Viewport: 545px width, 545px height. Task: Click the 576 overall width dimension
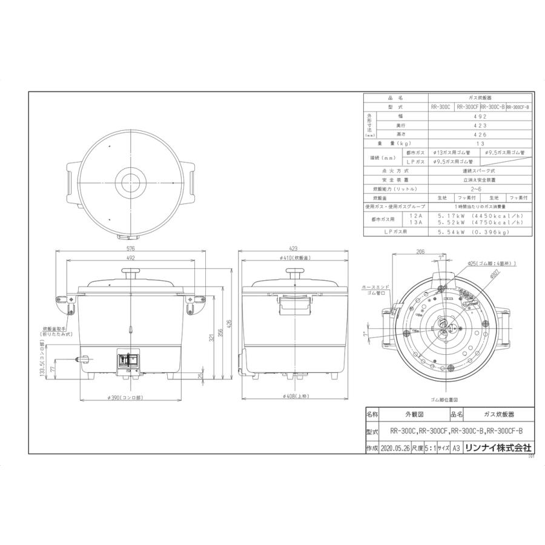pos(131,249)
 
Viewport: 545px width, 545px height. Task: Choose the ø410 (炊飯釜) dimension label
pos(295,258)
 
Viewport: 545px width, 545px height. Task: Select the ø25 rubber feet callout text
pos(492,264)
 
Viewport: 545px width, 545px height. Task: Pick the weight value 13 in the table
pos(480,144)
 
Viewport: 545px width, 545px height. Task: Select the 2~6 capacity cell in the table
pos(480,189)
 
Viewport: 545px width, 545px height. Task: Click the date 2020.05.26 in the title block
pos(397,448)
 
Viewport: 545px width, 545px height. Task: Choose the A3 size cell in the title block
pos(456,448)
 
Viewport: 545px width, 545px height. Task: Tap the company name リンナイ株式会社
pos(501,448)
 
